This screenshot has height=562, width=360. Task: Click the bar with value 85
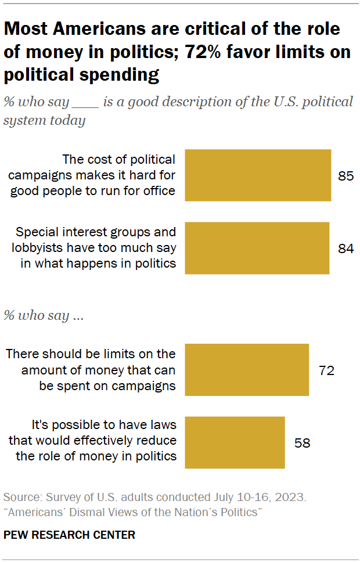coord(258,175)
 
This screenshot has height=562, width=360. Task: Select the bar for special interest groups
coord(257,248)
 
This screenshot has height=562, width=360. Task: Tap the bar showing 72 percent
coord(247,370)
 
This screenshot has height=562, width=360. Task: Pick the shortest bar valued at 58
coord(235,442)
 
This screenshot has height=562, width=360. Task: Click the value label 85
coord(345,176)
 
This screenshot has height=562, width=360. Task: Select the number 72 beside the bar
coord(326,370)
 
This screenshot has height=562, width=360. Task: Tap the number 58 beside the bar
coord(302,443)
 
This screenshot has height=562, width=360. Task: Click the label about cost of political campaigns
coord(118,175)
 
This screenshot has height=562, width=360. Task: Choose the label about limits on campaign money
coord(90,370)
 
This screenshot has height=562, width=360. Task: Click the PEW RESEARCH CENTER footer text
coord(69,535)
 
